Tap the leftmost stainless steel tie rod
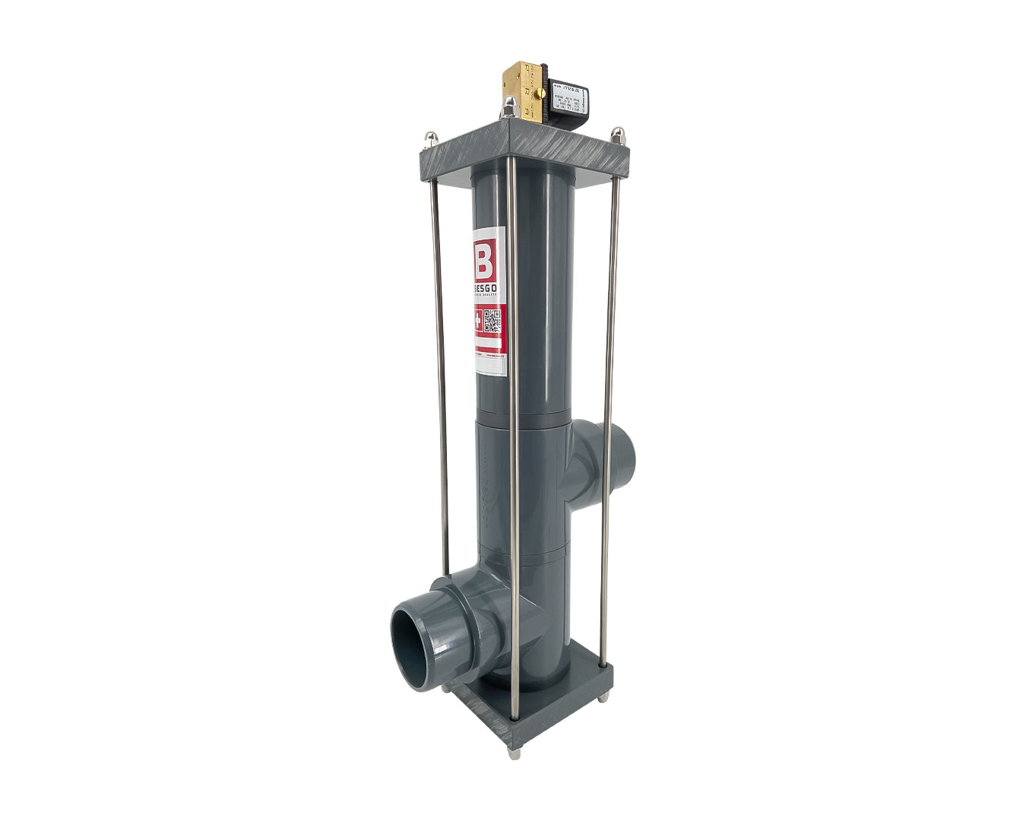pyautogui.click(x=439, y=304)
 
